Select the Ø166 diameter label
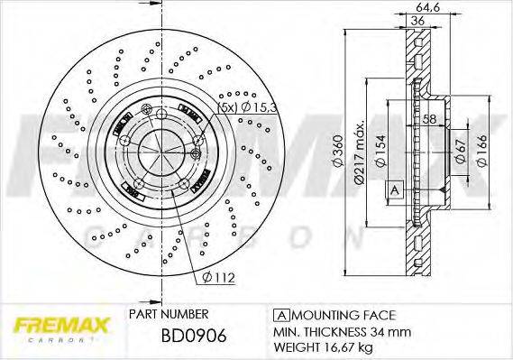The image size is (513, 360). pos(484,150)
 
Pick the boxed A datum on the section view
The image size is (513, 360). pos(393,189)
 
